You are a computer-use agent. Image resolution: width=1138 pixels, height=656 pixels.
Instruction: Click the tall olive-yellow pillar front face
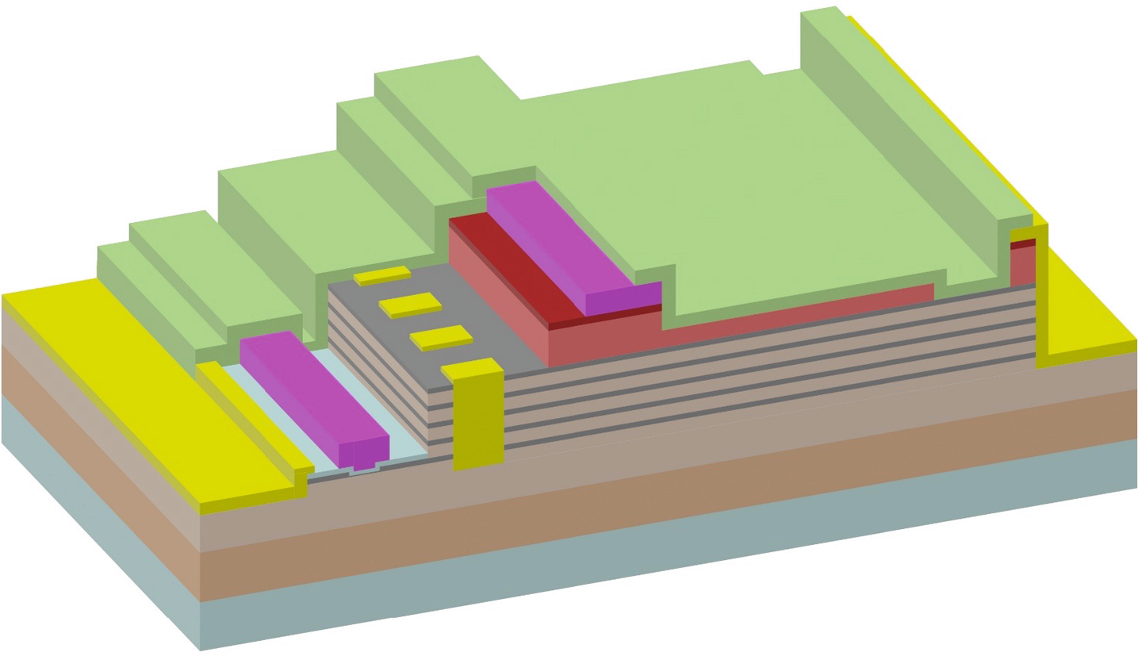click(x=478, y=420)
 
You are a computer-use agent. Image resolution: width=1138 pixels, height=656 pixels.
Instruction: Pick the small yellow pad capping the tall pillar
click(x=472, y=367)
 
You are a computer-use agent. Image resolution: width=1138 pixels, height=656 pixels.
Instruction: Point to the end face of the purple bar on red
click(x=623, y=298)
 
